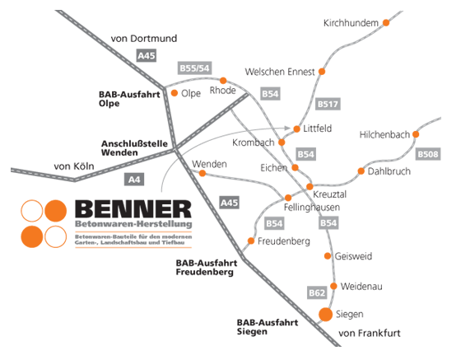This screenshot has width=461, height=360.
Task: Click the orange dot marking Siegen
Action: coord(325,315)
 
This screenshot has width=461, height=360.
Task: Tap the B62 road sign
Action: coord(317,292)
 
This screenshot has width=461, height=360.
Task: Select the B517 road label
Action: coord(328,104)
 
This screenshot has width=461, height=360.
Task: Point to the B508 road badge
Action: coord(428,154)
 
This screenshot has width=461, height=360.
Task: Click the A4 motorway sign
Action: coord(134,180)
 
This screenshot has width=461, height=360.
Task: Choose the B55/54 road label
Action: coord(194,68)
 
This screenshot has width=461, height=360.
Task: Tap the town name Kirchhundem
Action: coord(351,23)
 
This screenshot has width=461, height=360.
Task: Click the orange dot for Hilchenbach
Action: coord(416,134)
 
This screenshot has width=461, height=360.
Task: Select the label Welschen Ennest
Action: coord(280,72)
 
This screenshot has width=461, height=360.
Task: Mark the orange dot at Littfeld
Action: coord(296,129)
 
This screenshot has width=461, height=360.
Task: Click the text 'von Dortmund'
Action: coord(144,38)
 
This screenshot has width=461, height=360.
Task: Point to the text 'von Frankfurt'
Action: coord(370,334)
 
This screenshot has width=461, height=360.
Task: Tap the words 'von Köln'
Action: coord(74,166)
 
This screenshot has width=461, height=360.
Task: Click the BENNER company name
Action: coord(133,209)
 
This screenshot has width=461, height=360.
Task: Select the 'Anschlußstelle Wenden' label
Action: coord(134,148)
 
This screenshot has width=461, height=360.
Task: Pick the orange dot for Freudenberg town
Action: coord(251,241)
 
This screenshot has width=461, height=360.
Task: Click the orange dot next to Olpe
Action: coord(175,93)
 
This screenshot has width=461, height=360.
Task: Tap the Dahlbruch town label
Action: coord(389,171)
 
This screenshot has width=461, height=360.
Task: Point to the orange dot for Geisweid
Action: coord(328,256)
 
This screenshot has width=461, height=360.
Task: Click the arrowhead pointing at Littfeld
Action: coord(288,128)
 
